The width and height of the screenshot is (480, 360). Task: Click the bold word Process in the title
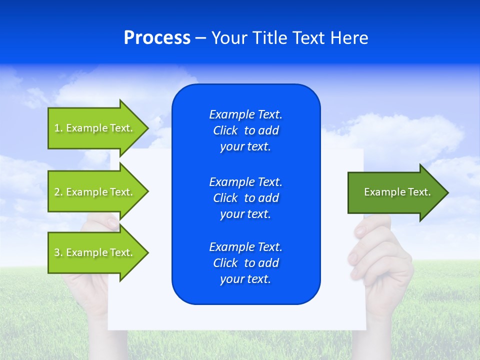click(x=157, y=38)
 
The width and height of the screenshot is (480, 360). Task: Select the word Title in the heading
click(x=269, y=38)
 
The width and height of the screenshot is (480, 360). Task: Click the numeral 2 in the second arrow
click(x=57, y=192)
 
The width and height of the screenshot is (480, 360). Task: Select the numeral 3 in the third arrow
click(x=57, y=252)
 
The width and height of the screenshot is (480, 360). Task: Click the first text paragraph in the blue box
click(x=245, y=130)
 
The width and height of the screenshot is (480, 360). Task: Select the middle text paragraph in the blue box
click(x=245, y=198)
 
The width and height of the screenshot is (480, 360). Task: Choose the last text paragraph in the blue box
click(x=245, y=263)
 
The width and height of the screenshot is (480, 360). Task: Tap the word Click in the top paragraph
click(x=225, y=130)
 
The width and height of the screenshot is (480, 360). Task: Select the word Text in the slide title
click(x=307, y=38)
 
